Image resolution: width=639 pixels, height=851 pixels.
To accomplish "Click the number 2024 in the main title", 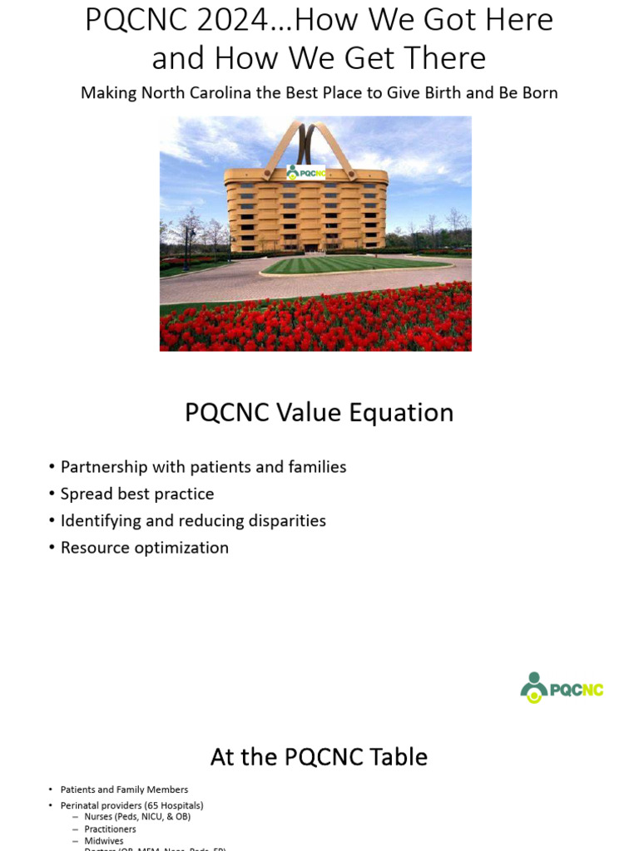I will click(241, 20).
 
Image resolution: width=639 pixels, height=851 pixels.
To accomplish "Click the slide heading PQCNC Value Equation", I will click(319, 412).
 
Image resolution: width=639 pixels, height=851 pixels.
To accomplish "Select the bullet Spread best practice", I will click(137, 494).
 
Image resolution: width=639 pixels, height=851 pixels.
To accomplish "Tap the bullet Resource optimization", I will click(144, 548).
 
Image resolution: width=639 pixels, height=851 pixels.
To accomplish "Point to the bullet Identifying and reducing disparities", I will click(193, 521).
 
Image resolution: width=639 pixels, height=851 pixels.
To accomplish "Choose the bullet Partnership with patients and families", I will click(203, 467).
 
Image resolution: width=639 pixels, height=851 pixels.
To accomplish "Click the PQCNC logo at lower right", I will click(562, 688).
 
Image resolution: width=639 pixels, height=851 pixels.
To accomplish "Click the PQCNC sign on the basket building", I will click(305, 173).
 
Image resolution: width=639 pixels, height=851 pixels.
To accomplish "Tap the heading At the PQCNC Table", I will click(319, 757).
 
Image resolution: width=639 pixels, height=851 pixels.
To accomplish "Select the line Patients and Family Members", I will click(124, 790).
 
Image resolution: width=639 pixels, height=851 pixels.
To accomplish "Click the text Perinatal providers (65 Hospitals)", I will click(131, 805).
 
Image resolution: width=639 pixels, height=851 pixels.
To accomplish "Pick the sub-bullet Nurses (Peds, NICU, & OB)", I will click(137, 817).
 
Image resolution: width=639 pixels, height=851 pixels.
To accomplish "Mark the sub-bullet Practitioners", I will click(110, 829).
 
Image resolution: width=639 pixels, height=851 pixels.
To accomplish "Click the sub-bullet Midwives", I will click(103, 841).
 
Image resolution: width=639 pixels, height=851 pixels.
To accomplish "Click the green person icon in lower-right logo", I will click(533, 687).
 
